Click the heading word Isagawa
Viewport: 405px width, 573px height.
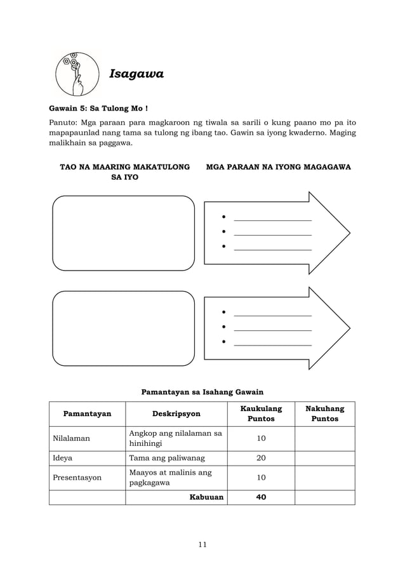click(136, 74)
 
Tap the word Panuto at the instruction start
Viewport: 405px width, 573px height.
click(65, 122)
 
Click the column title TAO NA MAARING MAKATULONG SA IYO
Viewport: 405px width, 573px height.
click(124, 172)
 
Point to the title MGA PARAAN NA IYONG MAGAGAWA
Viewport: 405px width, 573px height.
click(279, 166)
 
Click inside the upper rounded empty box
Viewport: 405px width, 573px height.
click(123, 233)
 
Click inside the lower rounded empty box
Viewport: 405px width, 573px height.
click(123, 328)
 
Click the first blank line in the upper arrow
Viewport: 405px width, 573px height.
click(273, 220)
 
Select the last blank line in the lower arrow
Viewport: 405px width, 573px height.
click(273, 344)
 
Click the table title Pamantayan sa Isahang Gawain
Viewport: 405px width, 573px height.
click(202, 392)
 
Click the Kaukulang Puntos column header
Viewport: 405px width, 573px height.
click(261, 414)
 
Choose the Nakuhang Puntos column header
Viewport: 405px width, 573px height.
click(324, 414)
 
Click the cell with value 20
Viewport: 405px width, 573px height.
click(261, 458)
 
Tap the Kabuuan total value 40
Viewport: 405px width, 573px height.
click(261, 497)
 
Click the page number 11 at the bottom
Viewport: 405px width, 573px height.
click(202, 544)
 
